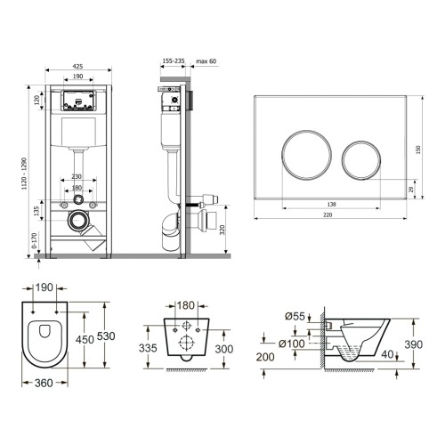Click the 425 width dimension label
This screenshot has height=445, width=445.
point(77,67)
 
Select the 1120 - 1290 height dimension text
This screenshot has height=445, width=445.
point(25,174)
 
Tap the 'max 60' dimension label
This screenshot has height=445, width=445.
point(206,61)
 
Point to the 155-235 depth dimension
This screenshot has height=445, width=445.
point(174,61)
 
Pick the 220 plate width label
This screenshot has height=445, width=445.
point(328,214)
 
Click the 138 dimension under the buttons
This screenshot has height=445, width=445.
point(331,204)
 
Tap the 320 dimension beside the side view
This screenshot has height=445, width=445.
point(222,230)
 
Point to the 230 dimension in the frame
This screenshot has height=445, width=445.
point(77,176)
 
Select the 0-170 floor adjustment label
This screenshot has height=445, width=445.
point(34,240)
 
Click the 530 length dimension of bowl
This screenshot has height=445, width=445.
point(106,336)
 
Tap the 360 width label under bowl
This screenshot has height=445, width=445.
point(44,383)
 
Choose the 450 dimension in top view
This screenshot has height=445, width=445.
point(85,339)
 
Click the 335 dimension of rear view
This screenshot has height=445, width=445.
point(148,348)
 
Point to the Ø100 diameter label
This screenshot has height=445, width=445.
point(292,344)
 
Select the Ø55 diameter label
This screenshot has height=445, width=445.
point(295,317)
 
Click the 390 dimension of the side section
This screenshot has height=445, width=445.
point(414,344)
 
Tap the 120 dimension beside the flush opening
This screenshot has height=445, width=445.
point(37,100)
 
